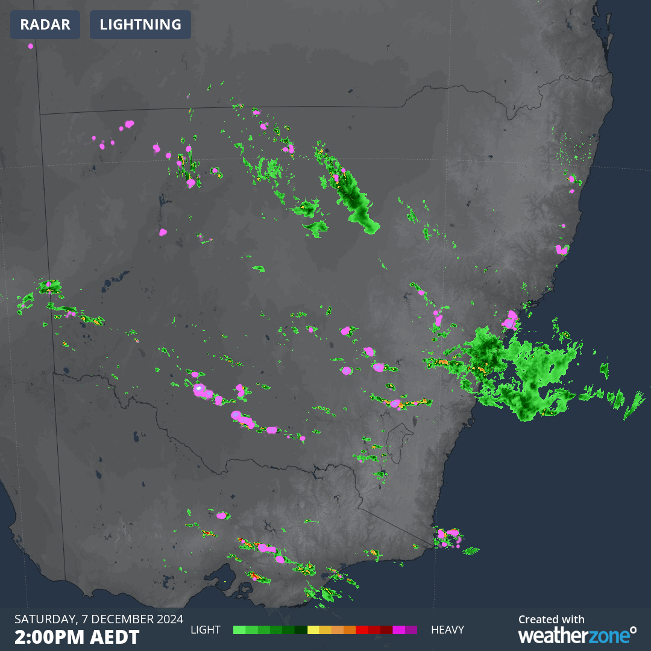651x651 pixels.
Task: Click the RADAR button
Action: click(x=45, y=25)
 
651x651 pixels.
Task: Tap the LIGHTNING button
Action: click(x=140, y=25)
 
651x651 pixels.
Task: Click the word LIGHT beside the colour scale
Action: click(x=206, y=630)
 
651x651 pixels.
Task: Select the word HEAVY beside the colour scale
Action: click(x=447, y=630)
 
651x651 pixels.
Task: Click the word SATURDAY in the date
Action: click(x=42, y=619)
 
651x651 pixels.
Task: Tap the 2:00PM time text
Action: click(x=52, y=637)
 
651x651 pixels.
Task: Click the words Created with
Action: click(x=552, y=619)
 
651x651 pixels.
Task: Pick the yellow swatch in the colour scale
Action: click(x=313, y=630)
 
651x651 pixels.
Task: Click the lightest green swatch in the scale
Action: click(x=239, y=630)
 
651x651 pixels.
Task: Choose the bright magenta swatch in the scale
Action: click(x=398, y=630)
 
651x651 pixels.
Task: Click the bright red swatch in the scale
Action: click(x=362, y=630)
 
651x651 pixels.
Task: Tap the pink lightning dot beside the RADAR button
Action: click(x=31, y=46)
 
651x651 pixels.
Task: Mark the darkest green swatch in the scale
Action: click(x=301, y=630)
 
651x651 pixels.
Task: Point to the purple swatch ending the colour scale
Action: click(x=411, y=630)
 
